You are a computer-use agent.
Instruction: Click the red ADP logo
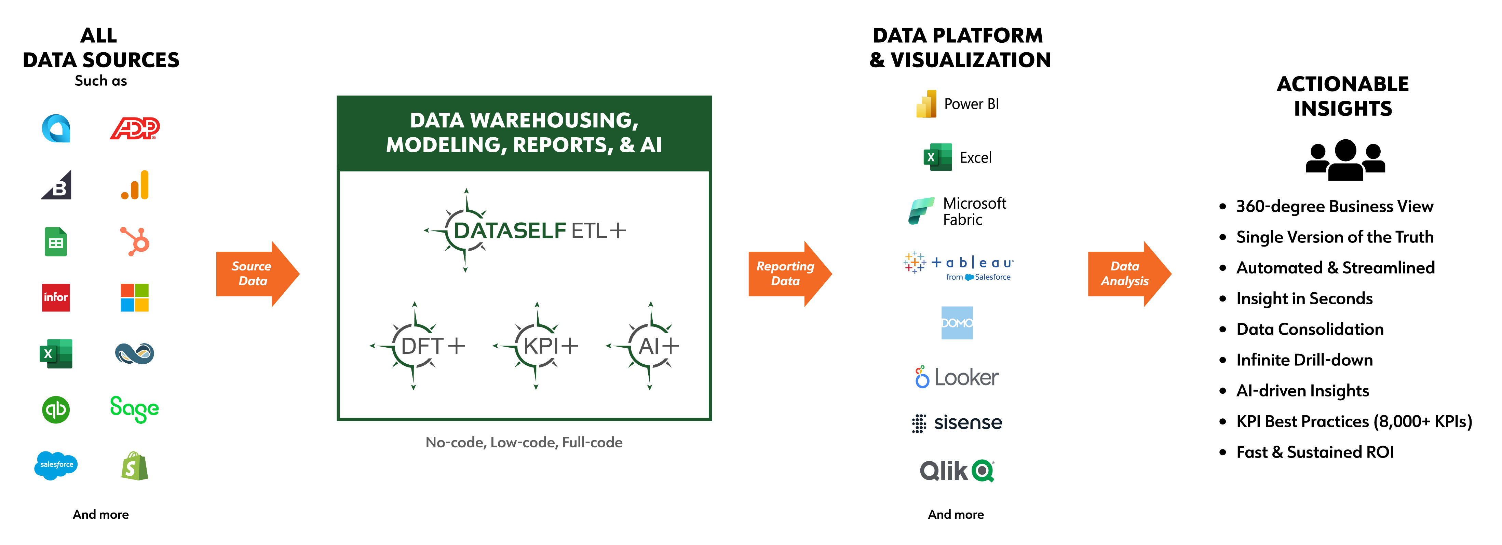(135, 128)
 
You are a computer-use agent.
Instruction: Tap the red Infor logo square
(56, 297)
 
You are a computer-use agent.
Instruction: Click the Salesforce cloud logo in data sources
(56, 465)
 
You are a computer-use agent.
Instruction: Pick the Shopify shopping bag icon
(135, 466)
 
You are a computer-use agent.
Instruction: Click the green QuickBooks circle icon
(56, 410)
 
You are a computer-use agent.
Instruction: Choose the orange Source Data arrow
(257, 274)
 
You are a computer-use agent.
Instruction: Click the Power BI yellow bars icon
(926, 104)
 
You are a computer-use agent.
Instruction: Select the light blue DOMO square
(957, 323)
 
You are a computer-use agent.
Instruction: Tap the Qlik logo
(957, 471)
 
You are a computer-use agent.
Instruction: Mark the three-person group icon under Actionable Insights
(1345, 160)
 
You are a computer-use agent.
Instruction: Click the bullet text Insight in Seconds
(1304, 298)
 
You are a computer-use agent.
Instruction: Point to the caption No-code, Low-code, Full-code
(524, 443)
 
